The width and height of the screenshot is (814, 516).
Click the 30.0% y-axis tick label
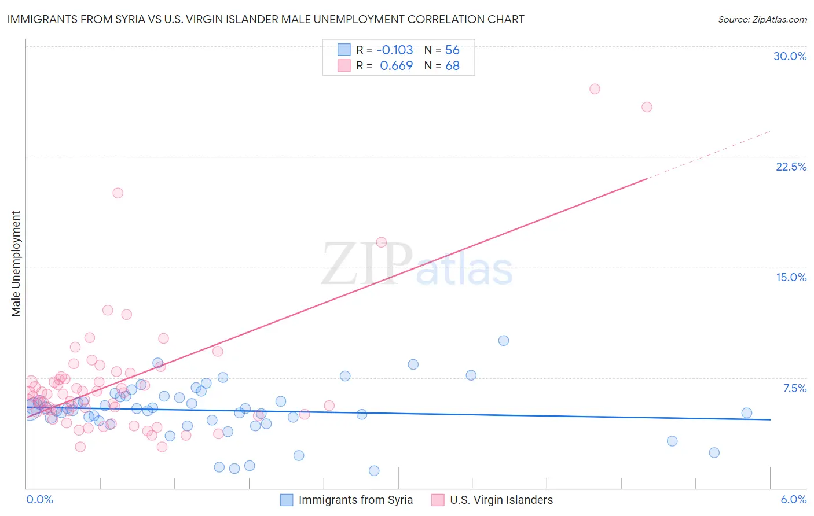(x=790, y=56)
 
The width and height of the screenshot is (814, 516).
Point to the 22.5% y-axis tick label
(x=791, y=167)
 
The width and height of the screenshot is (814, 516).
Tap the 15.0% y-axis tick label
(x=791, y=277)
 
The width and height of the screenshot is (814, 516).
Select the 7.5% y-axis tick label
(x=794, y=388)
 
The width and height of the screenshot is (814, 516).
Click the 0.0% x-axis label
(x=39, y=499)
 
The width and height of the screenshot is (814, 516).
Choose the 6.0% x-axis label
(x=793, y=499)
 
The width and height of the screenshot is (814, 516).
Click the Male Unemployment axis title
(x=16, y=263)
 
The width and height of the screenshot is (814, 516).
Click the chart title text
(x=266, y=19)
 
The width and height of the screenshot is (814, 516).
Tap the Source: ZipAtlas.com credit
(x=762, y=19)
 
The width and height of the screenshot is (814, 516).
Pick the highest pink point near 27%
(x=595, y=89)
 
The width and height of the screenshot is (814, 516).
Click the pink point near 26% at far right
(x=647, y=107)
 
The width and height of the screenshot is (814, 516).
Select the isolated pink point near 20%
(x=118, y=193)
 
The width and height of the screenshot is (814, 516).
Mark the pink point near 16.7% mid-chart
(x=381, y=242)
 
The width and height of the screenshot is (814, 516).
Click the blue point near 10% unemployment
(x=504, y=341)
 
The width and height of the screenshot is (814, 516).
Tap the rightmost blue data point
(x=747, y=413)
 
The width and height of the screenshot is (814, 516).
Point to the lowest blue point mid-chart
(x=374, y=471)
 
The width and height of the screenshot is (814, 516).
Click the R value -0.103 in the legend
(x=394, y=50)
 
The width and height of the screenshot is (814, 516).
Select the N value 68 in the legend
(x=452, y=66)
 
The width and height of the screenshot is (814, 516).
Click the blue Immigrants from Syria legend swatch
(x=287, y=500)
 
